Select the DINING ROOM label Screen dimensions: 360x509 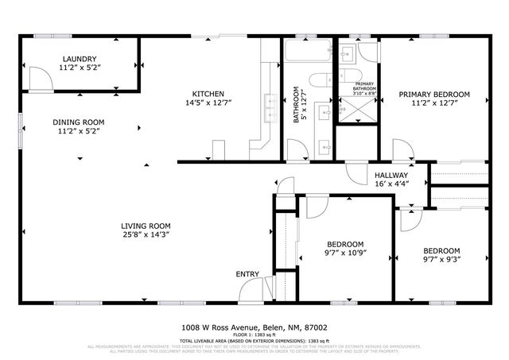(x=78, y=122)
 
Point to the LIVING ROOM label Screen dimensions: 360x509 (x=146, y=225)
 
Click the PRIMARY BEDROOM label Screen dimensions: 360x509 (x=434, y=94)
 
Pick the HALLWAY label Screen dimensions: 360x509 (x=390, y=175)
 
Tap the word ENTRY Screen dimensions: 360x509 (x=247, y=274)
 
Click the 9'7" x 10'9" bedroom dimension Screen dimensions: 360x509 (x=345, y=253)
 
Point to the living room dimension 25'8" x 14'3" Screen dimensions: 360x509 (x=146, y=234)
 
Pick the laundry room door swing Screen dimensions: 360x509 (x=36, y=76)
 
